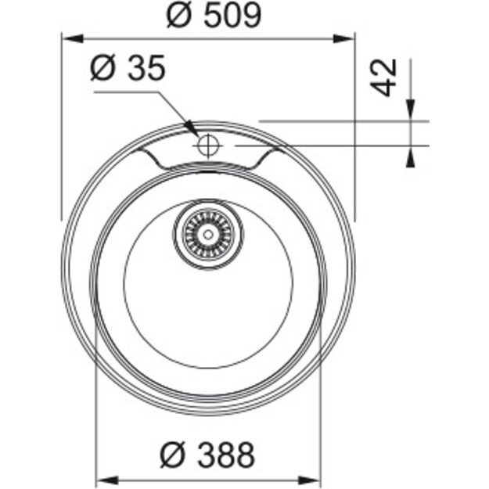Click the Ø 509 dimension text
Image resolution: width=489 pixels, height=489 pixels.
click(213, 15)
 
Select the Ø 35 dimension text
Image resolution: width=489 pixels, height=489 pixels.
click(128, 70)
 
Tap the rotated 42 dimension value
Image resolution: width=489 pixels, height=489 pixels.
click(383, 76)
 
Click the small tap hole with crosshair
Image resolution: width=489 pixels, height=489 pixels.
click(208, 145)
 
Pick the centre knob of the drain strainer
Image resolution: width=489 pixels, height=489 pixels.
click(208, 232)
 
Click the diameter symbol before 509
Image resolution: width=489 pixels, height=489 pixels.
click(177, 15)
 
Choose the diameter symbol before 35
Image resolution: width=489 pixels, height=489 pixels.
click(102, 70)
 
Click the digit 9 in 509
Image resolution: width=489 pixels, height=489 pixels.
click(249, 15)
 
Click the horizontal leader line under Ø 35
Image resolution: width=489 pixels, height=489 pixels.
click(125, 92)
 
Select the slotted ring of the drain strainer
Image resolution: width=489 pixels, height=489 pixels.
click(221, 232)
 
